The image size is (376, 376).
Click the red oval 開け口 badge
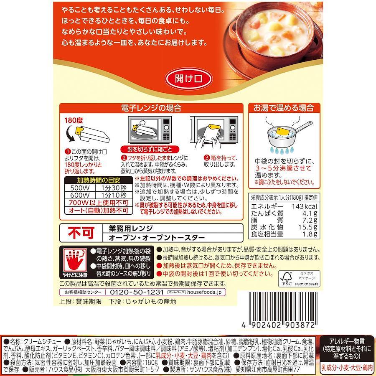(188, 79)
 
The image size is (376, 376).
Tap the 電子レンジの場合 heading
(151, 108)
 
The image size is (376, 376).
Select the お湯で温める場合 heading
(284, 108)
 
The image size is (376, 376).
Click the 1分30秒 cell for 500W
(114, 188)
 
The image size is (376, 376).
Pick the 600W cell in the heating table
(80, 195)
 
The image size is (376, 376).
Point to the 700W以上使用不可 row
(99, 203)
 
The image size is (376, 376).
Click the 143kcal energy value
(304, 206)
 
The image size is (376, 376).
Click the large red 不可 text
(81, 233)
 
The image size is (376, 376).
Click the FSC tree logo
(286, 279)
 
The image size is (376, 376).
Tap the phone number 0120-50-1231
(137, 292)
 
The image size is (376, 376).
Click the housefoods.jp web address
(205, 292)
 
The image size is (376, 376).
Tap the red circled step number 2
(124, 158)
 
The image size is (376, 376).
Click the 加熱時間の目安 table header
(99, 180)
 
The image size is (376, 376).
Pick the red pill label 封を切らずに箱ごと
(150, 150)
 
